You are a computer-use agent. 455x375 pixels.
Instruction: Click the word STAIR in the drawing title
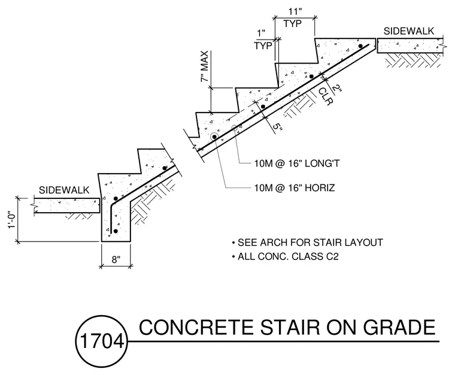coord(290,327)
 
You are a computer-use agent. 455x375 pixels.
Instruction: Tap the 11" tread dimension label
coord(295,11)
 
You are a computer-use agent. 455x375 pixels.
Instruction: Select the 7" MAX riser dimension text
coord(205,66)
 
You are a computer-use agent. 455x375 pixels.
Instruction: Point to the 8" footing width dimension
coord(116,259)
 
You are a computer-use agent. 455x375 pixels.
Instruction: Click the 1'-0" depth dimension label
coord(11,219)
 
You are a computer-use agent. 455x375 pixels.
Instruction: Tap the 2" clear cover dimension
coord(337,89)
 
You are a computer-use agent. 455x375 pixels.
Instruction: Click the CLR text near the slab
coord(325,96)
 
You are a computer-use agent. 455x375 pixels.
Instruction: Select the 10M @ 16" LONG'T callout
coord(297,164)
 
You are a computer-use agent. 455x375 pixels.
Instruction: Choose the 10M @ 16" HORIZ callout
coord(295,187)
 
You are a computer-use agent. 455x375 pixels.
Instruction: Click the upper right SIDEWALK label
coord(408,31)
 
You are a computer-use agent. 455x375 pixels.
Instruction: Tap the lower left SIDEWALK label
coord(64,190)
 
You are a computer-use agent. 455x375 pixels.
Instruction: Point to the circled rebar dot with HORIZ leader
coord(214,137)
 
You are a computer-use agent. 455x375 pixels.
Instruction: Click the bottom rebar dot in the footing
coord(116,231)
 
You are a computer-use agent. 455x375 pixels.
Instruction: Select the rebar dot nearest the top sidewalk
coord(360,46)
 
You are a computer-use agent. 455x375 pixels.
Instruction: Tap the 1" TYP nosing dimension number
coord(261,33)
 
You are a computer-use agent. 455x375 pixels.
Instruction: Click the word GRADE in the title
coord(399,327)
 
